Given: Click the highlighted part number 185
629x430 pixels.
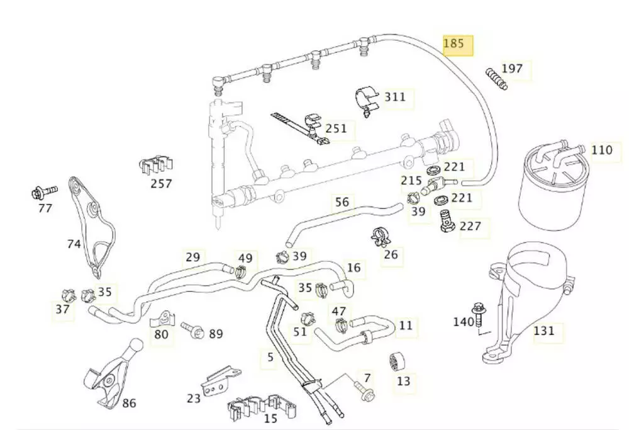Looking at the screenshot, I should tap(454, 44).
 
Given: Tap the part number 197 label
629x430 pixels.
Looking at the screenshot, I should tap(512, 69).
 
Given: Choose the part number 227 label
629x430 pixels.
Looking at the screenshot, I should tap(470, 226).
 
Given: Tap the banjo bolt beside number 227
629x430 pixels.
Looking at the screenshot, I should tap(447, 221).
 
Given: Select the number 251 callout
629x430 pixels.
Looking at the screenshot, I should tap(337, 128).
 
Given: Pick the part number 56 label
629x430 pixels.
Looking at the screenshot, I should tap(342, 202).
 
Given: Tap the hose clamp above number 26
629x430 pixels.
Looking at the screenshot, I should tap(382, 235).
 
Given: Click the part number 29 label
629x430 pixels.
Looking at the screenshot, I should tap(192, 257).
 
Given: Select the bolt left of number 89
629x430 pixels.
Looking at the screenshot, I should tap(191, 329).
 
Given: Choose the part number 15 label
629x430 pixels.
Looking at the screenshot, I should tap(271, 419).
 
